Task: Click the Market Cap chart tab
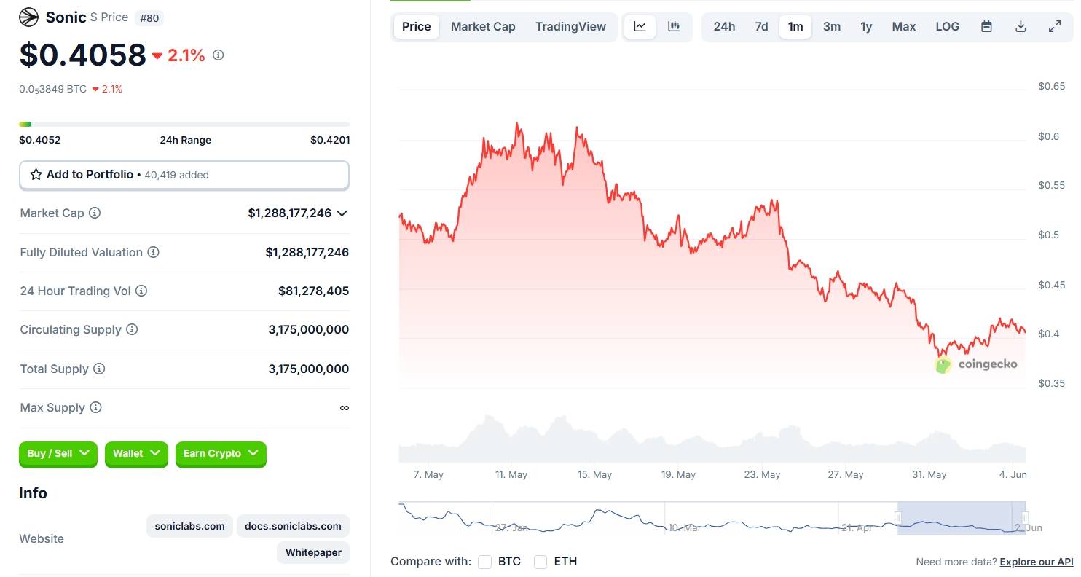[483, 27]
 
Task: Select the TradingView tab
[570, 27]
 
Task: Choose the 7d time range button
[761, 27]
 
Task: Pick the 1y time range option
[866, 27]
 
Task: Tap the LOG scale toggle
[947, 27]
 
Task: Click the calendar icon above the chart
[986, 27]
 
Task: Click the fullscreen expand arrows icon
[1054, 27]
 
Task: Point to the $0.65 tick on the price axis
[1051, 87]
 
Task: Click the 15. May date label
[594, 475]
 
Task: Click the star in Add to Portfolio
[36, 175]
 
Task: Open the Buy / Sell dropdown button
[58, 454]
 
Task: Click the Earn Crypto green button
[220, 454]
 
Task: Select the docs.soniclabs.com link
[293, 526]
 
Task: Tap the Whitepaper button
[313, 552]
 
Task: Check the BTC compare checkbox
[484, 562]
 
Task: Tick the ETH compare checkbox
[540, 562]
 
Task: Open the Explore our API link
[1036, 562]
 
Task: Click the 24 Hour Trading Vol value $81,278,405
[313, 291]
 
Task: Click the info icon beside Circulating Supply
[132, 330]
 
